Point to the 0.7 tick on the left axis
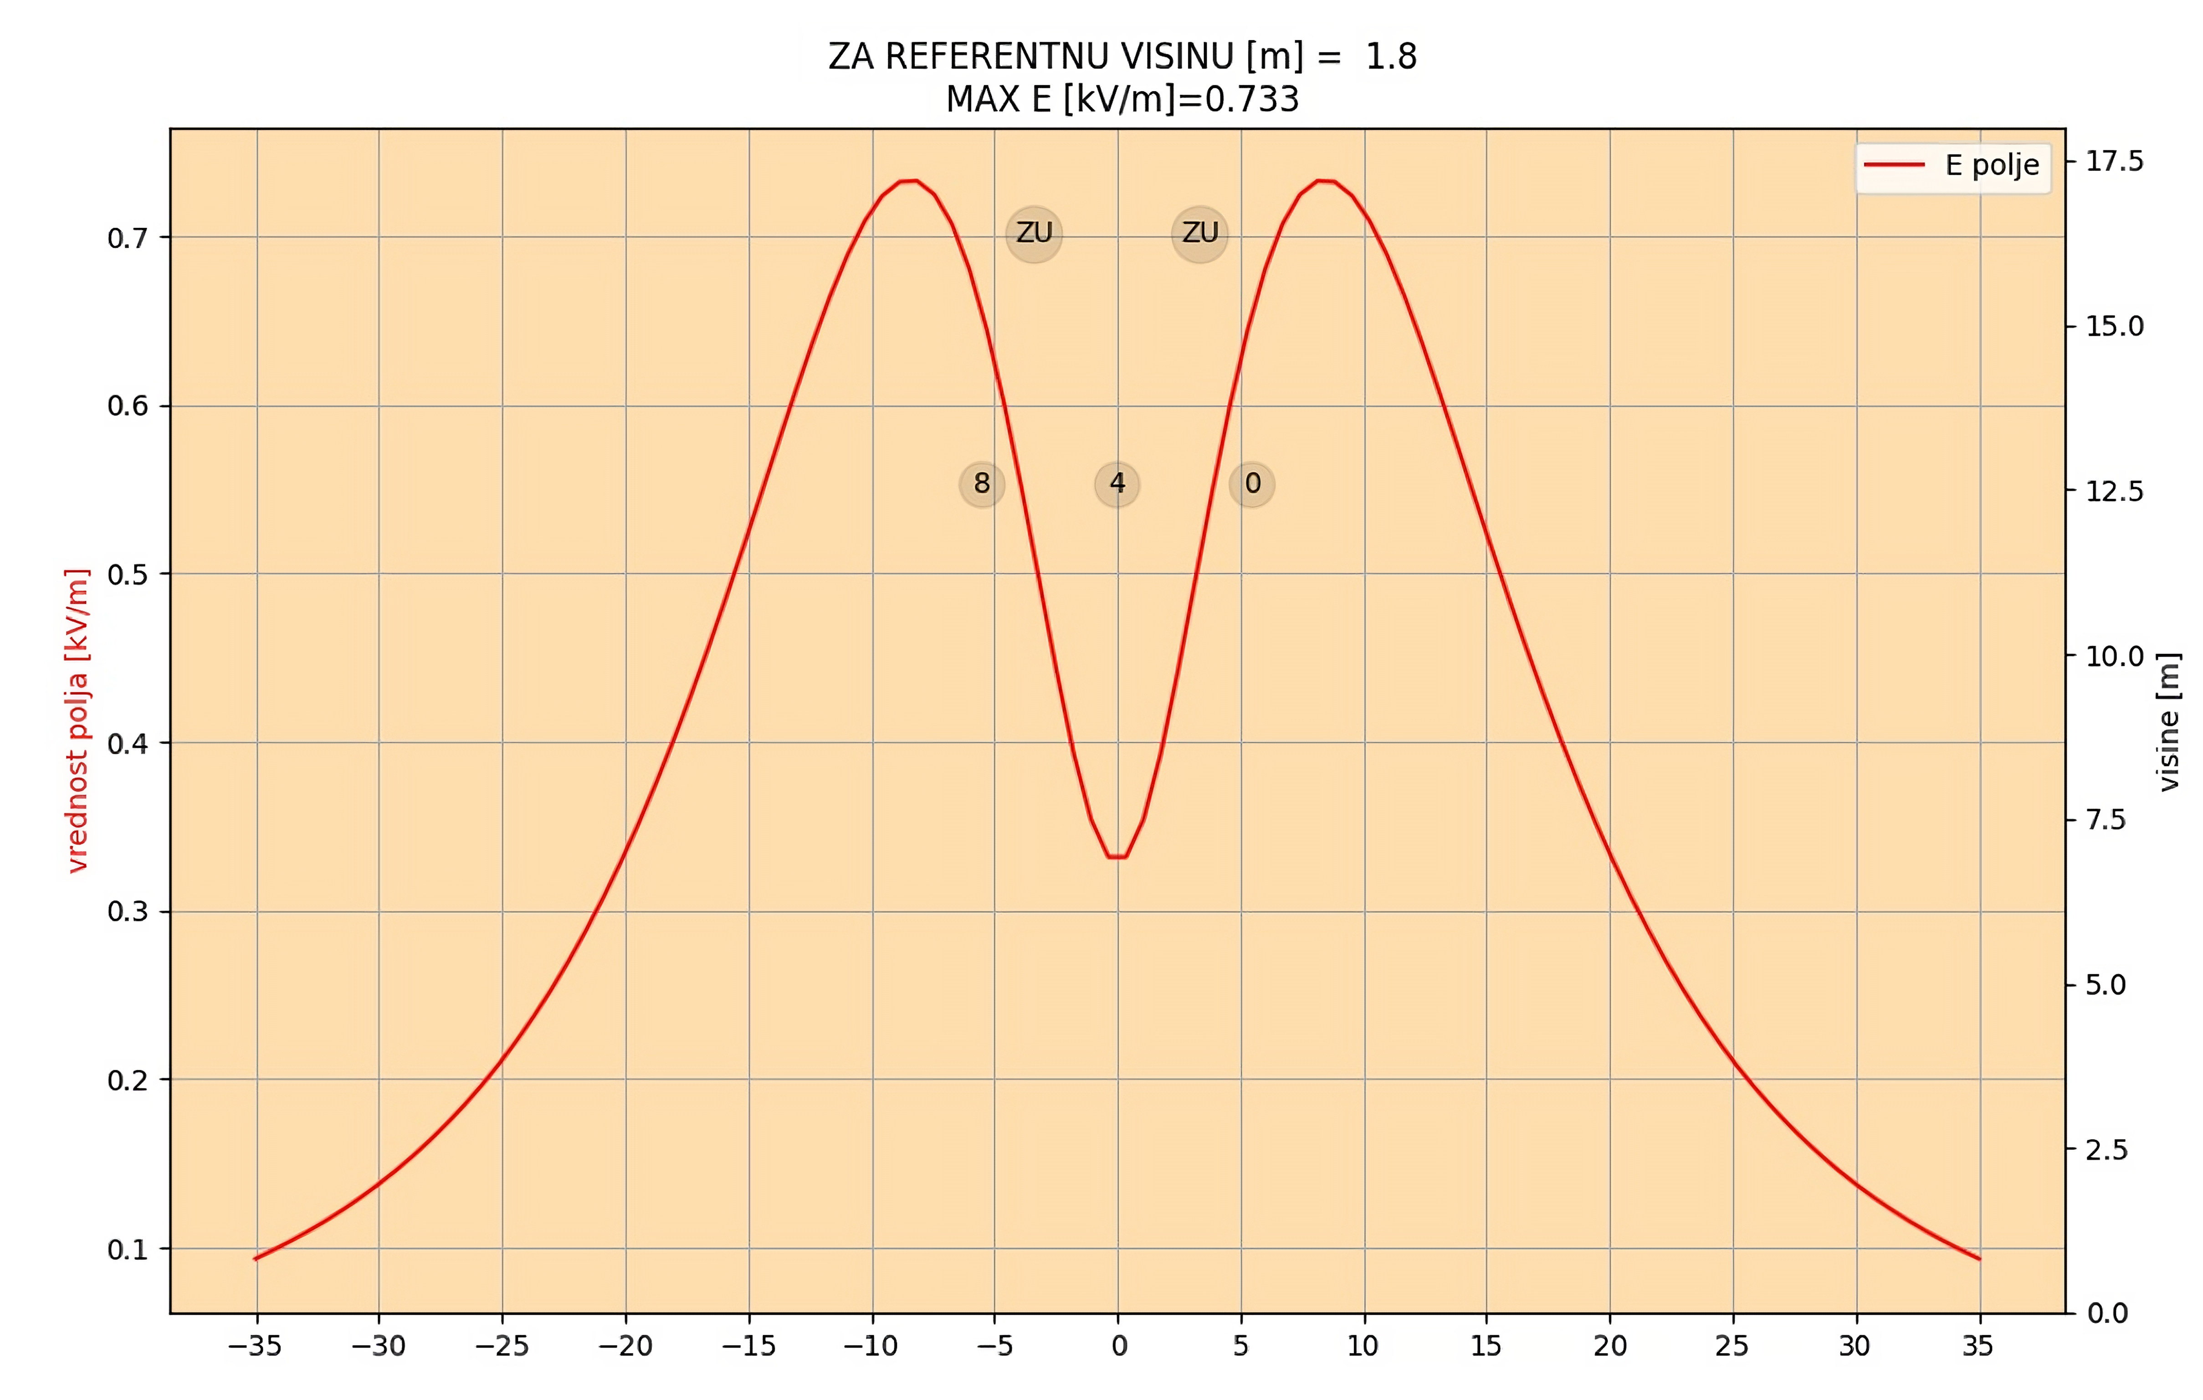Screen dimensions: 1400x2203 pos(127,238)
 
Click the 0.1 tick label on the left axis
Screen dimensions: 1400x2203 pos(127,1249)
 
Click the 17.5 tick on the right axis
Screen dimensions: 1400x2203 pos(2114,161)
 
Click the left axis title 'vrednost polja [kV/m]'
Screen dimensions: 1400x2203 pos(78,720)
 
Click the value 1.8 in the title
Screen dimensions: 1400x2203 pos(1391,57)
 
